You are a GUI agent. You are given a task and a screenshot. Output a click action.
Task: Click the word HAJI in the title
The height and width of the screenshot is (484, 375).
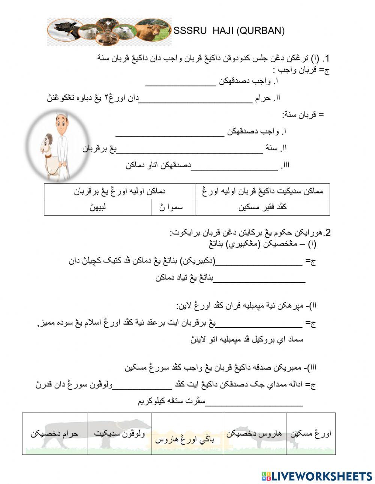(223, 31)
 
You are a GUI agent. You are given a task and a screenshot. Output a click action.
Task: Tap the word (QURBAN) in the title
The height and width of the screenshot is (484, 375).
(261, 31)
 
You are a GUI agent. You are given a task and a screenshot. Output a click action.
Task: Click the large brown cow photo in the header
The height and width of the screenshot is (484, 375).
(151, 30)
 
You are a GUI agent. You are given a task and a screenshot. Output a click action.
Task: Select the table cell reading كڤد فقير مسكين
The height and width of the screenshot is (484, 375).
(262, 207)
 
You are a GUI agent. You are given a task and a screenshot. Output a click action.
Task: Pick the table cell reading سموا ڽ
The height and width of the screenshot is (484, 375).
(173, 207)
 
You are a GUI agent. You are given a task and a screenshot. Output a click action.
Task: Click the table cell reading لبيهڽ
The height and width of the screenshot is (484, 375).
(97, 207)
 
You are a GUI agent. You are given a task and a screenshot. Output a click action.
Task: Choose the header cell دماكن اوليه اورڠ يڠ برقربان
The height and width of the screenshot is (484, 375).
(119, 191)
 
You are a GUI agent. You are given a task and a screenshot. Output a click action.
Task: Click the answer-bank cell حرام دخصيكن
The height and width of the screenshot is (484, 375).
(54, 434)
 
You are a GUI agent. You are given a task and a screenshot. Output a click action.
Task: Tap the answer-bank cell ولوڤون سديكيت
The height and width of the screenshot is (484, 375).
(119, 434)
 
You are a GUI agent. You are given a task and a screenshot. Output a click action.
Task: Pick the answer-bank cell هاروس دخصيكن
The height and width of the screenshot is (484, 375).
(254, 434)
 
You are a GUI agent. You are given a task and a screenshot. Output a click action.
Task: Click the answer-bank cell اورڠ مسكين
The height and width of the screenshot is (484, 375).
(310, 434)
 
